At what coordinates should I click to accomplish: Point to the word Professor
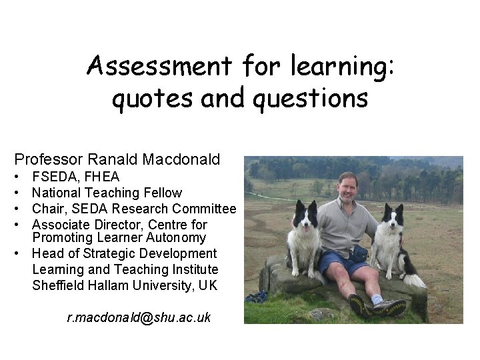[49, 160]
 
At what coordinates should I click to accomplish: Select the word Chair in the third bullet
[49, 209]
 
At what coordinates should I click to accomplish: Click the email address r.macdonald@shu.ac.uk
[139, 318]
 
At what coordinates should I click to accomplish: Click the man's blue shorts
[341, 262]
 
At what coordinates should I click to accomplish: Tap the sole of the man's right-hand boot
[390, 309]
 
